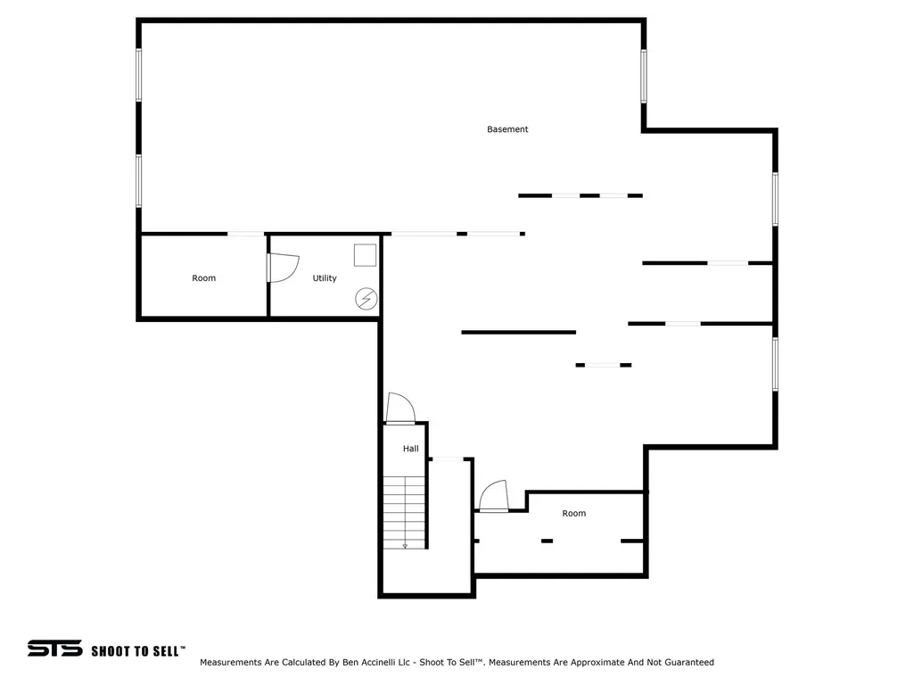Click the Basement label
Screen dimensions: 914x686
(507, 129)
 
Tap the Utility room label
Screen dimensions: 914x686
(324, 278)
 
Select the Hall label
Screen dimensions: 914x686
(410, 449)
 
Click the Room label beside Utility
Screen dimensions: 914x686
(203, 278)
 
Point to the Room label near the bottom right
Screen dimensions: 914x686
(573, 513)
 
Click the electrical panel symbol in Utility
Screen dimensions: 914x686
(366, 299)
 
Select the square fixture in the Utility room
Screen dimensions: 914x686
(365, 255)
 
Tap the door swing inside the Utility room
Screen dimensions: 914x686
(284, 268)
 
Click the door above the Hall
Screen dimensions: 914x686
(400, 407)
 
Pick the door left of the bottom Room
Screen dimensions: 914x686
(494, 495)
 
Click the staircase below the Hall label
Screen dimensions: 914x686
(404, 512)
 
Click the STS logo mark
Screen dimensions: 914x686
(54, 648)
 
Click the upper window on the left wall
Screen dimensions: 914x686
(139, 75)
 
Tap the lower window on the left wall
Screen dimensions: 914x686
(139, 181)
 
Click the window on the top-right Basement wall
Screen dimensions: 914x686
(644, 77)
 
